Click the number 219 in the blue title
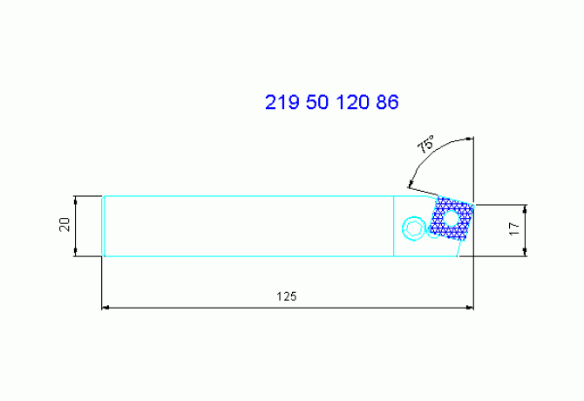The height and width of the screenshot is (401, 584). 282,103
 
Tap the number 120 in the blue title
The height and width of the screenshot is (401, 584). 351,103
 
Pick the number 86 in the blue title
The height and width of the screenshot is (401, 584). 387,103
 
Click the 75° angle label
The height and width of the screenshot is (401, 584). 425,146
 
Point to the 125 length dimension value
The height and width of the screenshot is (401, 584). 286,296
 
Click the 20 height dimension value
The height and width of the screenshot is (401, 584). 64,226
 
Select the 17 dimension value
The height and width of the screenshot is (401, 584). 513,230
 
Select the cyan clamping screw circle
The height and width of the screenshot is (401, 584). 411,228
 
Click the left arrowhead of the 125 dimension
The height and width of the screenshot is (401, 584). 107,308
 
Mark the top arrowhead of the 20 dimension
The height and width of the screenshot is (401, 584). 77,200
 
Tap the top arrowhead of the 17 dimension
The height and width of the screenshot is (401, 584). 526,209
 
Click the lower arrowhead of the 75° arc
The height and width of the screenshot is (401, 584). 408,183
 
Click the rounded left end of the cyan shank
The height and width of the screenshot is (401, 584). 104,226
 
